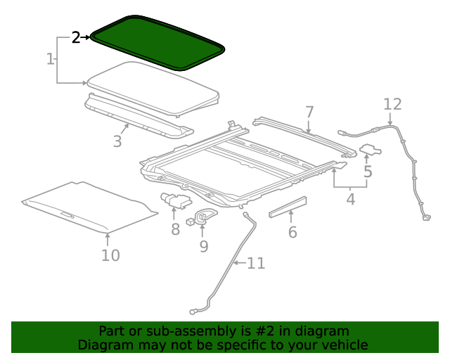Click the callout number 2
76,38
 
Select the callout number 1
51,59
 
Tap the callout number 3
117,141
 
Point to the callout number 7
309,112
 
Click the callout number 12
392,105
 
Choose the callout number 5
368,171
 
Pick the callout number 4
350,199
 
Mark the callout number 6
292,231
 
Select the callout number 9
204,246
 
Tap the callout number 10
110,255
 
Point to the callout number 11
255,264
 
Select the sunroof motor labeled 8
174,200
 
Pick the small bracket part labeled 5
370,149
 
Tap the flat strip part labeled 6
288,207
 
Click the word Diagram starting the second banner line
103,345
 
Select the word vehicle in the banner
342,345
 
